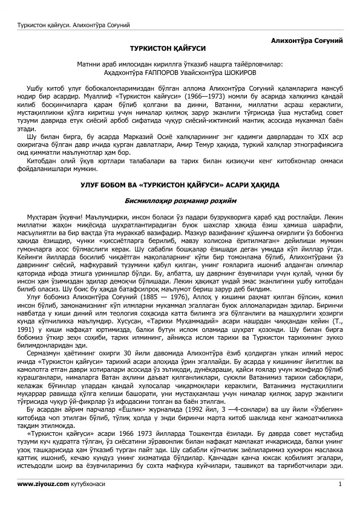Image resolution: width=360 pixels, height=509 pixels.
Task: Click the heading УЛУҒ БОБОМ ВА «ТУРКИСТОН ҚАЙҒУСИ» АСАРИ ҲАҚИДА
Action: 180,183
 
